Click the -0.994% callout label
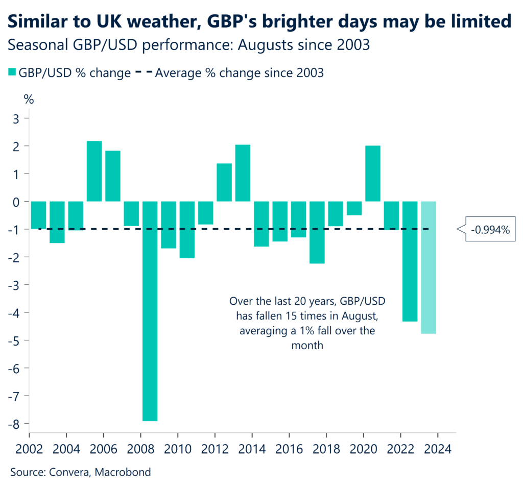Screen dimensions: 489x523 490,230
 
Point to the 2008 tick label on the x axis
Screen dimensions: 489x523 140,451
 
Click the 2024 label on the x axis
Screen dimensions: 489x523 437,451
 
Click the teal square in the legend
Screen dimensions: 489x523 13,73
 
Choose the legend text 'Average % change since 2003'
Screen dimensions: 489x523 239,73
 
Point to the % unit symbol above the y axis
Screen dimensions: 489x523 29,100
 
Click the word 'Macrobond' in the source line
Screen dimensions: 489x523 125,472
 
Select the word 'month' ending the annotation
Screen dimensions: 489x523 305,346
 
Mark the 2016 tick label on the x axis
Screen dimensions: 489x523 289,451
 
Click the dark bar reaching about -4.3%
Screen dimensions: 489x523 410,261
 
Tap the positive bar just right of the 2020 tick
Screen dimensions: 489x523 373,174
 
